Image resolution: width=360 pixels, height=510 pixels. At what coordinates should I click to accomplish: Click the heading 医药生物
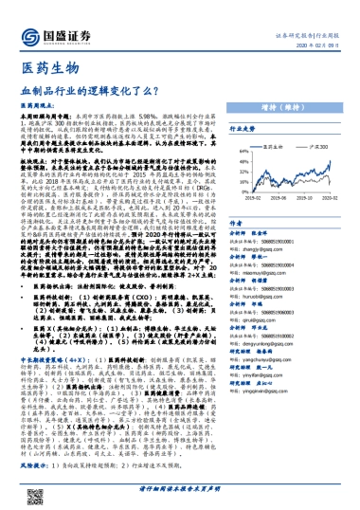click(x=45, y=69)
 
